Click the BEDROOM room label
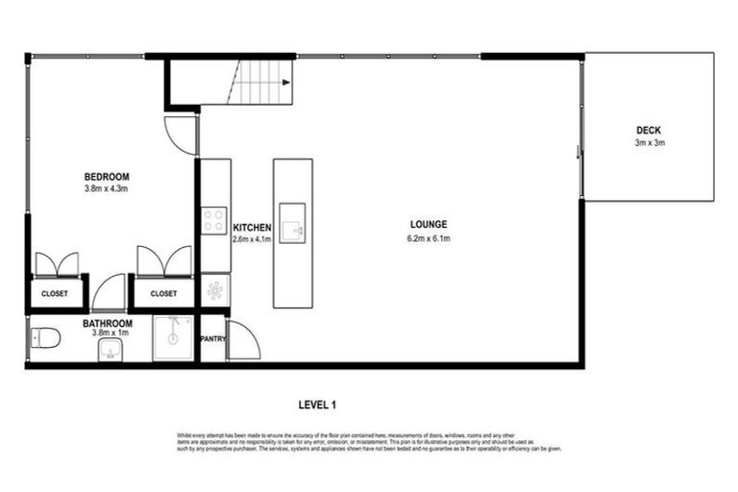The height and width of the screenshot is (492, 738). click(x=106, y=177)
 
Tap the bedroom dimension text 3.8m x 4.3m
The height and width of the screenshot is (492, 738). click(x=106, y=188)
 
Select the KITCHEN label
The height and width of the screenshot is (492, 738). click(x=252, y=228)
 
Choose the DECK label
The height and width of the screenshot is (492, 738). click(x=649, y=131)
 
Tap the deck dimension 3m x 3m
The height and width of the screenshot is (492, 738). click(x=649, y=142)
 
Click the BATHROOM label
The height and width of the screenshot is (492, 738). click(x=107, y=324)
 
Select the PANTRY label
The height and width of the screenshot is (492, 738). click(x=212, y=339)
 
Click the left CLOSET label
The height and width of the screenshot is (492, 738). click(x=54, y=294)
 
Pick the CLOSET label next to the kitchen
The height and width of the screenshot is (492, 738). click(x=163, y=294)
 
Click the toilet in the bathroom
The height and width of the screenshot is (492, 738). click(x=44, y=337)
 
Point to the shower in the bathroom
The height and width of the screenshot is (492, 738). click(x=174, y=337)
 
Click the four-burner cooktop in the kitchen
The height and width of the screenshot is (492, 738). click(x=213, y=222)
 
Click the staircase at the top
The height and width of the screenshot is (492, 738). click(x=261, y=83)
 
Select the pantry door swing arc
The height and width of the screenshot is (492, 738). click(x=241, y=341)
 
